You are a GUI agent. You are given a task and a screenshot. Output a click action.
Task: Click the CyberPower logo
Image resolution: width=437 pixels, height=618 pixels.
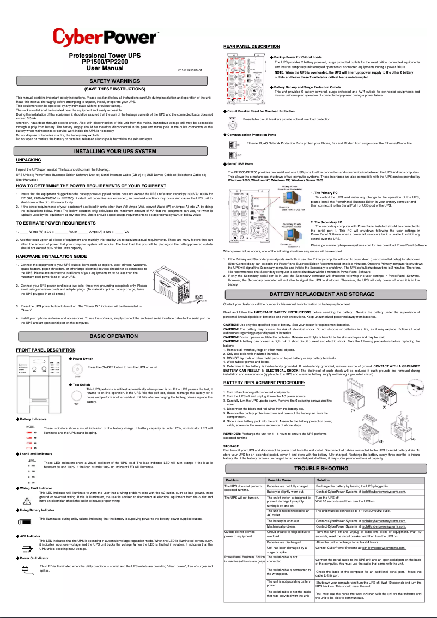tap(105, 39)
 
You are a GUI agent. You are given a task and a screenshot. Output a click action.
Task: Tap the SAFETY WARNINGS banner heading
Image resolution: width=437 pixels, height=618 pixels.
tap(114, 81)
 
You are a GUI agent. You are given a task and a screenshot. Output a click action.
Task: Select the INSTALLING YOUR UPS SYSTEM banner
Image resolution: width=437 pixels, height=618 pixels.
tap(114, 151)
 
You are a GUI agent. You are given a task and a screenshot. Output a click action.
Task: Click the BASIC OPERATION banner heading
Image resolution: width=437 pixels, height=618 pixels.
tap(114, 336)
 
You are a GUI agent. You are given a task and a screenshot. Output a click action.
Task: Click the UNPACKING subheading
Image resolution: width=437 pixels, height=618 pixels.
tap(29, 160)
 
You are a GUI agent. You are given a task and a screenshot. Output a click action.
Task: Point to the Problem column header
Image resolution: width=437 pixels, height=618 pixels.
tap(233, 480)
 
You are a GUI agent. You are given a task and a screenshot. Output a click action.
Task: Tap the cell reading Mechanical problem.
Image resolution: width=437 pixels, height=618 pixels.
tap(281, 526)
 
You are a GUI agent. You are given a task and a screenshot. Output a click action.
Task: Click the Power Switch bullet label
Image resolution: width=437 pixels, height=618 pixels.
tap(83, 359)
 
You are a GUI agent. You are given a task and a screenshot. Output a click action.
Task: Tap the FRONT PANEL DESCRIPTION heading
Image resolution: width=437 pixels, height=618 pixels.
tap(46, 350)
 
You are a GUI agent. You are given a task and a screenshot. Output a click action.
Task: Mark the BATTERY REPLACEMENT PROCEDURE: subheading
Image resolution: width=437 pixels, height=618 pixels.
tap(264, 383)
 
